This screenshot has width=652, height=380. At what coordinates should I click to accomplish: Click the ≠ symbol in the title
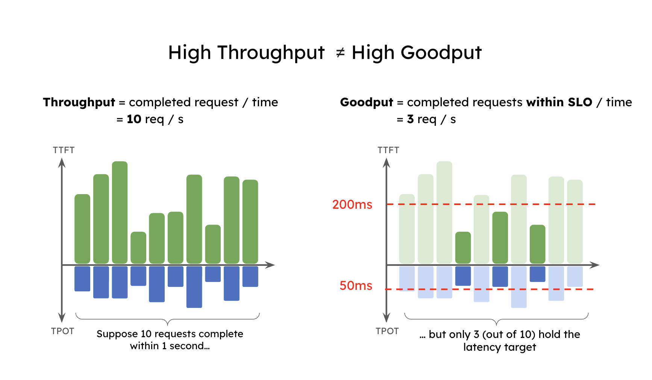(340, 53)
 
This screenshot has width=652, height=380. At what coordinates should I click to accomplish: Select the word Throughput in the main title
(271, 53)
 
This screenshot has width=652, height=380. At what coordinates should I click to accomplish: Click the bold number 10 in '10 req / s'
(133, 119)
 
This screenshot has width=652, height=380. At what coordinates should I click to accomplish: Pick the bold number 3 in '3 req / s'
(410, 119)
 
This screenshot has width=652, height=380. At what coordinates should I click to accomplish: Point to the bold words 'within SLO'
(559, 102)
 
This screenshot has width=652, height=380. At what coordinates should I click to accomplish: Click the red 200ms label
(352, 205)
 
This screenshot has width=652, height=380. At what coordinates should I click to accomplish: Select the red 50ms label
(356, 286)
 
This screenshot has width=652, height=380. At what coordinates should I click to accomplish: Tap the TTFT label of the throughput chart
(64, 150)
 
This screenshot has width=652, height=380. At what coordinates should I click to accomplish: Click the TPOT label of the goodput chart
(387, 331)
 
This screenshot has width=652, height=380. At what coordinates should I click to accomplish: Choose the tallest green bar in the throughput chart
(120, 212)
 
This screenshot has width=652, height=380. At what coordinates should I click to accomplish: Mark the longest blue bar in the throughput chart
(194, 287)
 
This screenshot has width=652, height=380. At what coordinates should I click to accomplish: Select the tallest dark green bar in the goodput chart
(500, 237)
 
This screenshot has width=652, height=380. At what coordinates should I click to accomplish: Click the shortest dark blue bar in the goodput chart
(537, 274)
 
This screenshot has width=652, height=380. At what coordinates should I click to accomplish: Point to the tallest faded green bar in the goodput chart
(444, 212)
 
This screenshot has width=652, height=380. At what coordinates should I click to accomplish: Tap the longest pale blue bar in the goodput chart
(519, 287)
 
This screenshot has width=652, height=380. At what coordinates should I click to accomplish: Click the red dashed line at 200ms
(489, 204)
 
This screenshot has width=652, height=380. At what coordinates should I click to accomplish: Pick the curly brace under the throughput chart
(168, 319)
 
